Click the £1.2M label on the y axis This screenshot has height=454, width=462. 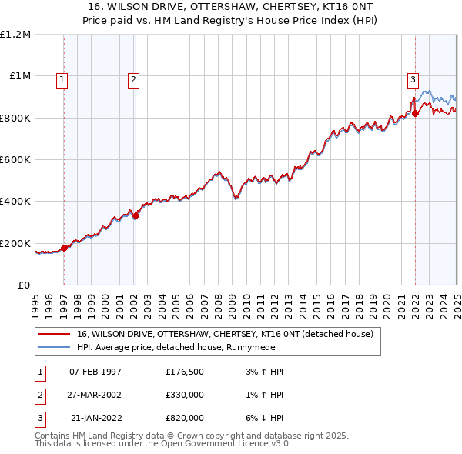point(15,35)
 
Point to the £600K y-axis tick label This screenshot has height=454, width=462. point(15,160)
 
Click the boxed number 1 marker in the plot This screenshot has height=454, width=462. point(61,78)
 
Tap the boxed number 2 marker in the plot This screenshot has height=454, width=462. point(133,78)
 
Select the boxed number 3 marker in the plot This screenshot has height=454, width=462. point(413,78)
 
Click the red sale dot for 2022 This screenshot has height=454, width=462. point(416,114)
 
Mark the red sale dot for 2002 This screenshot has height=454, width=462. point(136,216)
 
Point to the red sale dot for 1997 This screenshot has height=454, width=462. point(65,248)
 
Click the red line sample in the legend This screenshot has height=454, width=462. point(53,334)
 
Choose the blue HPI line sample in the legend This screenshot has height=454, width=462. point(53,347)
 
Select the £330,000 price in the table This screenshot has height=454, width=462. point(185,395)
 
